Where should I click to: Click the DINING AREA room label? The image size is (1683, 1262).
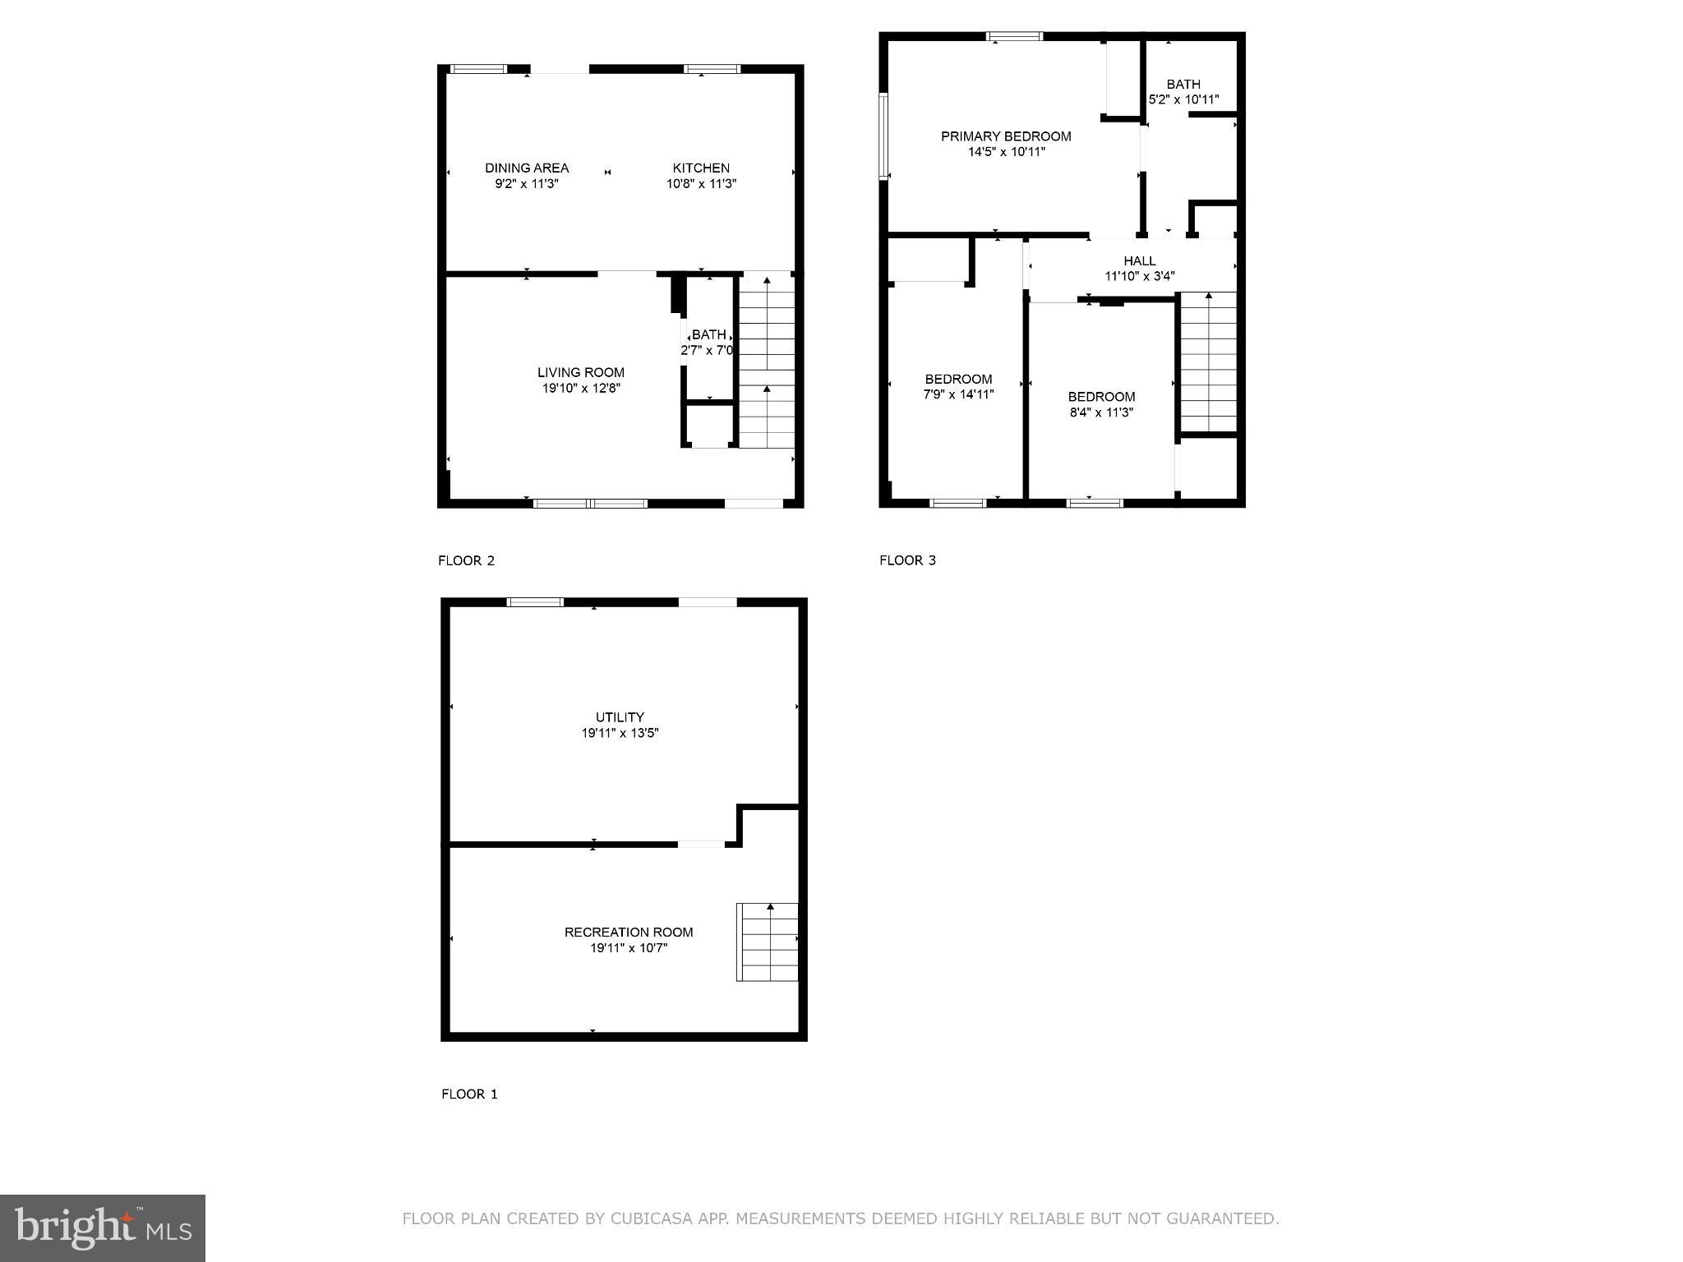(526, 168)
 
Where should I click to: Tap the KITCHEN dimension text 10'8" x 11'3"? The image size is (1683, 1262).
(701, 184)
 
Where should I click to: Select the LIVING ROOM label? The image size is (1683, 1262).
(580, 372)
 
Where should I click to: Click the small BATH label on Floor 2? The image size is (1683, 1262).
(708, 334)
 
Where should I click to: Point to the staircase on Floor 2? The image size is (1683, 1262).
(767, 362)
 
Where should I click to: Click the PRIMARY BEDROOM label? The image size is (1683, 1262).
(1006, 136)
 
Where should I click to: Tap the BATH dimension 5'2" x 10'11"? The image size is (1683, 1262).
(1183, 99)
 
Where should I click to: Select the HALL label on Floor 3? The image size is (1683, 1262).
(1139, 260)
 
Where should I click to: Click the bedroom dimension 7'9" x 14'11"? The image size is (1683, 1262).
(958, 394)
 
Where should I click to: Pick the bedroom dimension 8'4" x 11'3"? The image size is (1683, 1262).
(1101, 412)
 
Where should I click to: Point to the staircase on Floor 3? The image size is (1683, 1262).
(1208, 362)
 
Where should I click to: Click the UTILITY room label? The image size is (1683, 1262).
(620, 717)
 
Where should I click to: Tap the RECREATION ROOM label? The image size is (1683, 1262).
(629, 932)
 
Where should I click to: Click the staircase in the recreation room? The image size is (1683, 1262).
(767, 942)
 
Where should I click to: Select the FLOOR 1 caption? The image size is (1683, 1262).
(469, 1094)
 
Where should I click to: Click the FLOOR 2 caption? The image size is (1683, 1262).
(466, 560)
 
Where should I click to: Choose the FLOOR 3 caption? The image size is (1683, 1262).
(907, 560)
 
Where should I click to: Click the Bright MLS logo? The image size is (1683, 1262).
(102, 1227)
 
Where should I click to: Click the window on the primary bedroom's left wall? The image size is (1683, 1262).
(883, 136)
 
